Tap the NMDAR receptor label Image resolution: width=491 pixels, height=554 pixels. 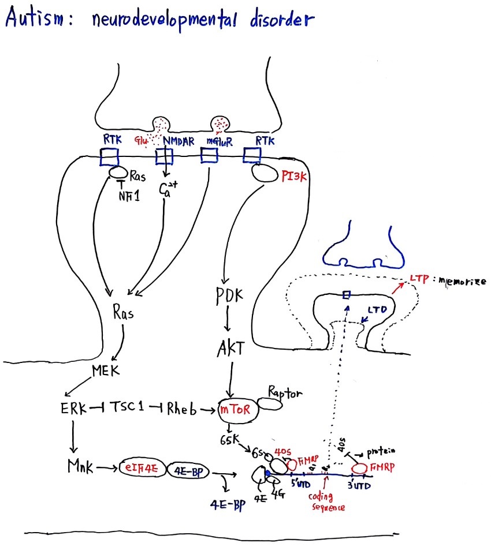[x=178, y=140]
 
